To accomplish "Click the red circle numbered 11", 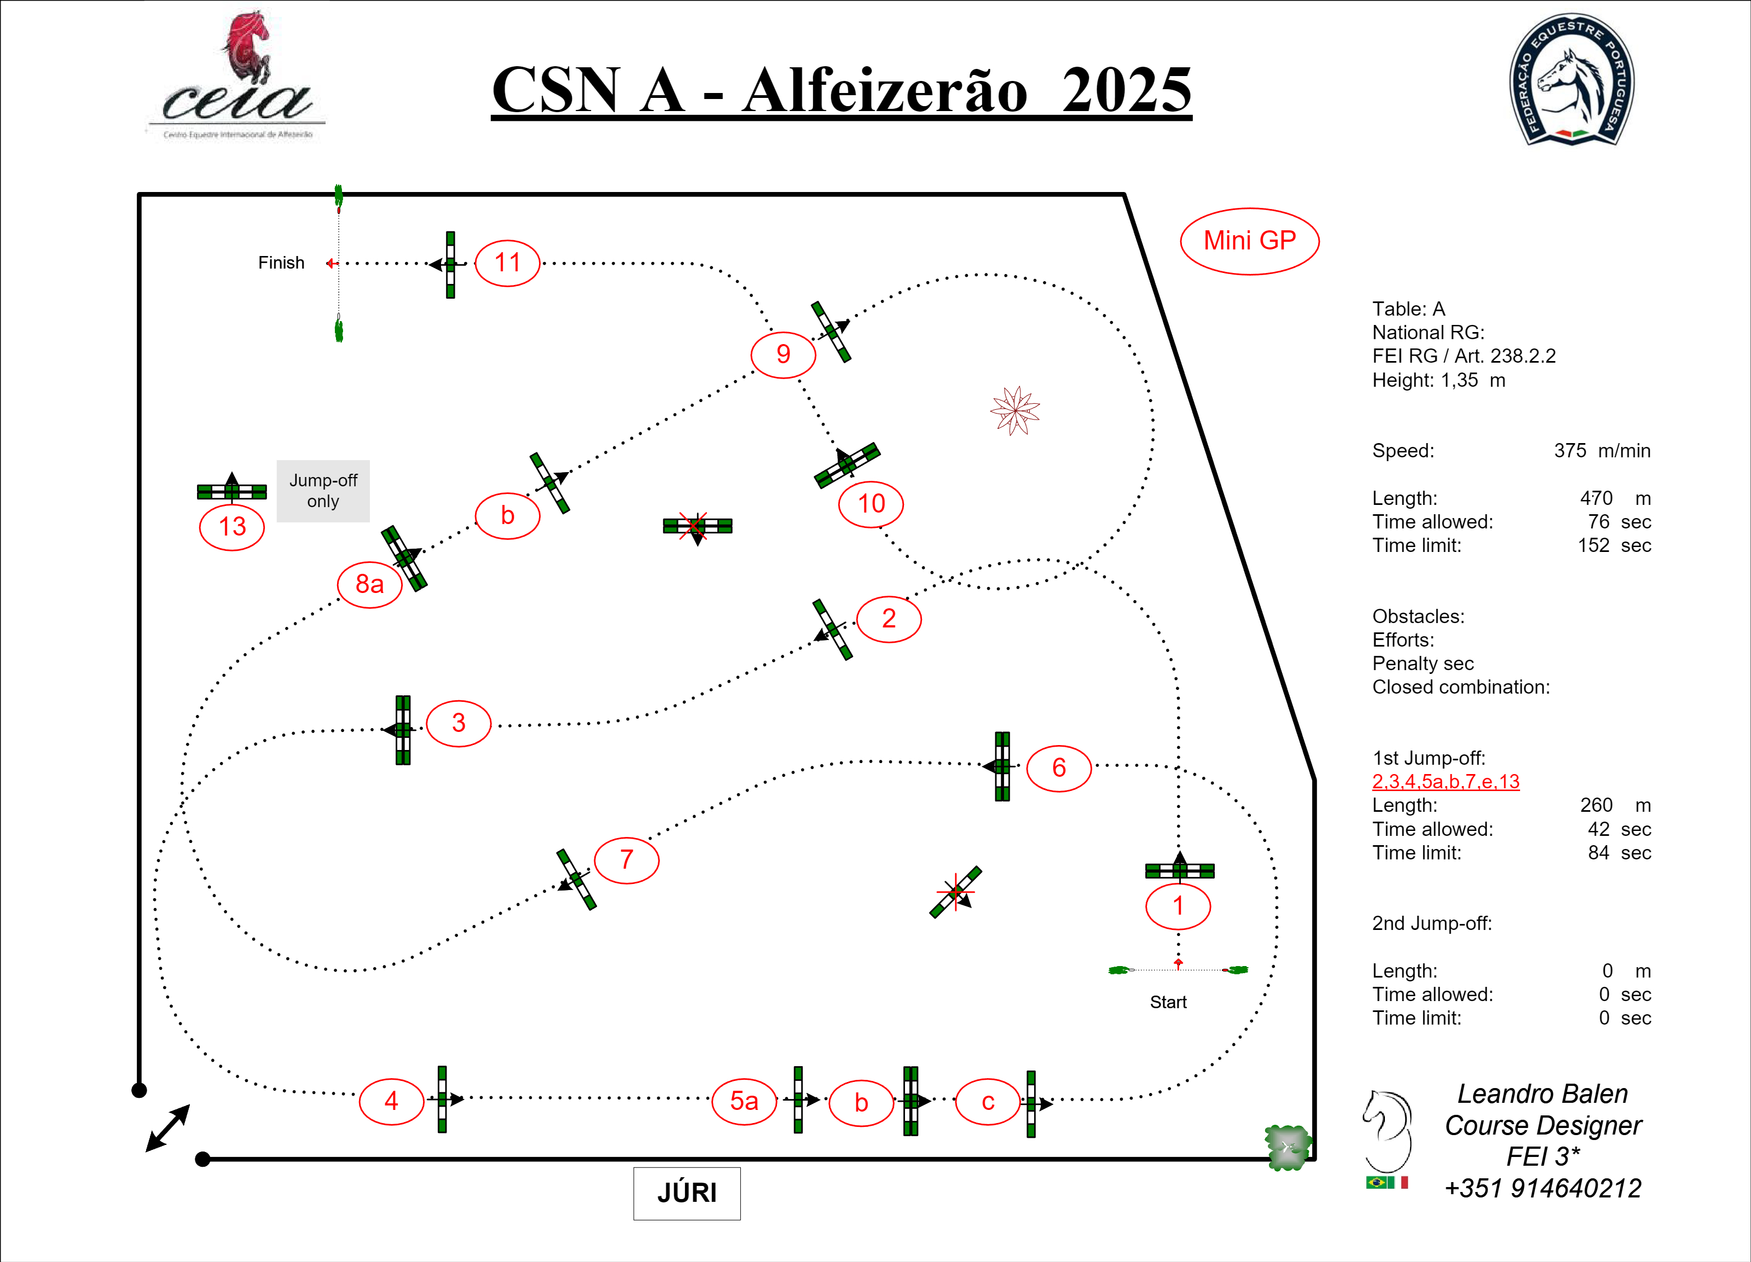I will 507,263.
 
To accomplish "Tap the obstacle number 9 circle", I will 783,354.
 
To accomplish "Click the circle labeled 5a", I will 744,1101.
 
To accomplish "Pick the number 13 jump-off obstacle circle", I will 231,527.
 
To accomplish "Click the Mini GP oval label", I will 1249,241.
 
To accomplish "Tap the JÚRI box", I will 686,1193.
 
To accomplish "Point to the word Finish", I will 281,263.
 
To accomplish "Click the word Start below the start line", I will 1167,1002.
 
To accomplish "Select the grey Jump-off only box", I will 323,491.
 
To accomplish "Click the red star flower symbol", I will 1014,411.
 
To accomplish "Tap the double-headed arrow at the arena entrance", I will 167,1127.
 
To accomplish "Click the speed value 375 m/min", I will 1601,451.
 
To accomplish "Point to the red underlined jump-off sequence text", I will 1445,782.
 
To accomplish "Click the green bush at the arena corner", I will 1287,1147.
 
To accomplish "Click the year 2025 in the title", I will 1127,90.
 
